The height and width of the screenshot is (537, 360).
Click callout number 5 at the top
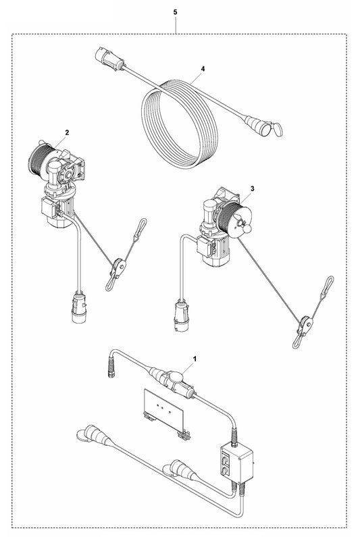click(x=176, y=12)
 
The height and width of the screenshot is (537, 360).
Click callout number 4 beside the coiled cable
click(x=203, y=69)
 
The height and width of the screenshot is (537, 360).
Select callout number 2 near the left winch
click(x=67, y=132)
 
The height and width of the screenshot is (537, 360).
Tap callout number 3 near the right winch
click(x=253, y=188)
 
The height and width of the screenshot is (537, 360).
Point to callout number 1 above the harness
click(x=195, y=359)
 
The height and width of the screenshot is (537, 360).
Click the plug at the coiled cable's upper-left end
click(x=109, y=59)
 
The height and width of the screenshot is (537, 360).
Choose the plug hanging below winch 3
click(x=182, y=315)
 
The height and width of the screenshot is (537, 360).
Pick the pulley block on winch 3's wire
click(x=305, y=325)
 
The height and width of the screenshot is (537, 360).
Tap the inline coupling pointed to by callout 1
click(x=173, y=381)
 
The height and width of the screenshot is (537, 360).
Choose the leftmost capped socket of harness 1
click(x=93, y=434)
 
